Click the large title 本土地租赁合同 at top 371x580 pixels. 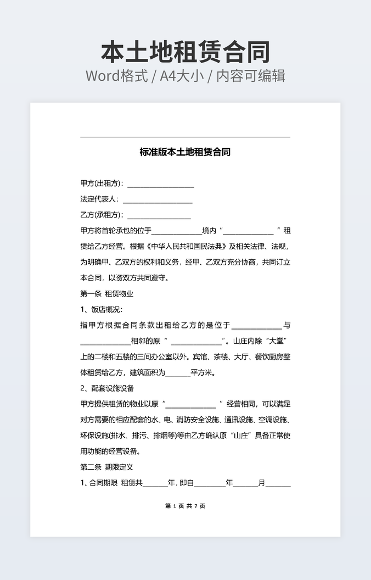(x=185, y=52)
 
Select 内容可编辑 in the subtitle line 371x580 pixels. (x=251, y=76)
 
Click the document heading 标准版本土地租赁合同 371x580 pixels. (x=185, y=152)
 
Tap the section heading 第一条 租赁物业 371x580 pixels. (x=107, y=294)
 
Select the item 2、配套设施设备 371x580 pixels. (x=108, y=388)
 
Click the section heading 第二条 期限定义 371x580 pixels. (x=107, y=467)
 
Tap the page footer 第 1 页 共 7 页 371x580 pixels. (x=185, y=506)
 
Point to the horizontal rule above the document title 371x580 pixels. (x=185, y=137)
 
